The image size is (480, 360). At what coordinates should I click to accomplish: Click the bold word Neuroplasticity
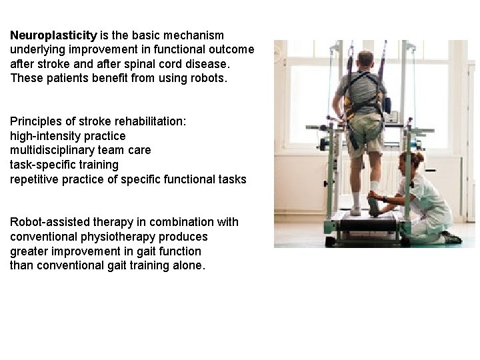click(x=53, y=35)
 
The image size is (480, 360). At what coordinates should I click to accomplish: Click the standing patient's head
click(x=365, y=59)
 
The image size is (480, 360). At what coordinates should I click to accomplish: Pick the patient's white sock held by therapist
click(x=375, y=187)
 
